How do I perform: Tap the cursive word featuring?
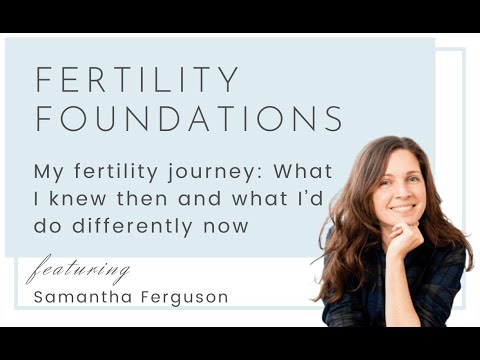78,270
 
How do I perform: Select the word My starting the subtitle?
47,171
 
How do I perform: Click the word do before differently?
46,226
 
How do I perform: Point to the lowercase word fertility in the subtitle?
116,171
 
